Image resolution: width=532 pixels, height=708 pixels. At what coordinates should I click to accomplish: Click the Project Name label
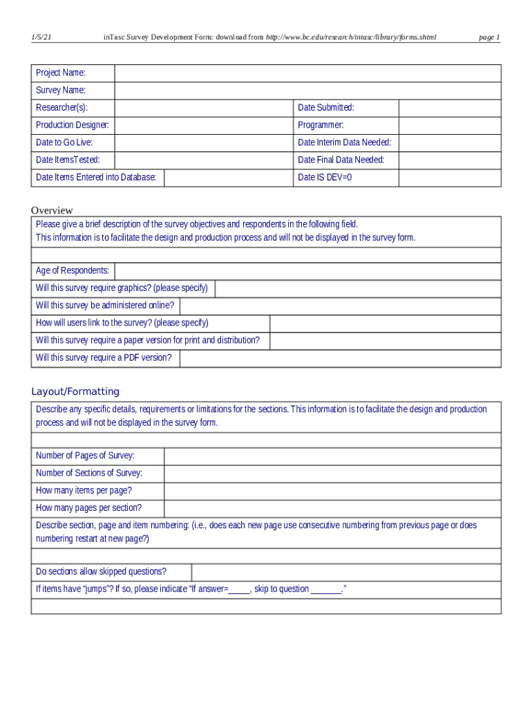pos(61,73)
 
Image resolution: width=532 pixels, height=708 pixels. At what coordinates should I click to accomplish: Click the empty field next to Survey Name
pos(307,91)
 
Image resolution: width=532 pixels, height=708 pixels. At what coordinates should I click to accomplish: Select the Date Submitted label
pos(325,108)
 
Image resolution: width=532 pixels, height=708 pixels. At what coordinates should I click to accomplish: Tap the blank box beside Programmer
pos(450,125)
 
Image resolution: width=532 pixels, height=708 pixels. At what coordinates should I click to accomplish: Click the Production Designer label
pos(72,125)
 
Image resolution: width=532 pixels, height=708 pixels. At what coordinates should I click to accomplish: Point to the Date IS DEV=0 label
pos(325,178)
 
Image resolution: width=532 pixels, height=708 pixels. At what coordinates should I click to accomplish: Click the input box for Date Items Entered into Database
pos(227,178)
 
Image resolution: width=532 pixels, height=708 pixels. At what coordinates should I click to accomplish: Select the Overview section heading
pos(52,210)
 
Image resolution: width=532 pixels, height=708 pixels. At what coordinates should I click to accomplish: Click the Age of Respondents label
pos(72,271)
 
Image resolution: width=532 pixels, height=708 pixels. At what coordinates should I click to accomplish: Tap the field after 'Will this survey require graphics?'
pos(358,288)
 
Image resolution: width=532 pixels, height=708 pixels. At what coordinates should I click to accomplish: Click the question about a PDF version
pos(103,358)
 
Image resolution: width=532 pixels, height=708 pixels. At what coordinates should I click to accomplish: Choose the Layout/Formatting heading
pos(75,391)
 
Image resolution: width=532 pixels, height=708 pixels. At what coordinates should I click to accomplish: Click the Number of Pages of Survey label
pos(85,456)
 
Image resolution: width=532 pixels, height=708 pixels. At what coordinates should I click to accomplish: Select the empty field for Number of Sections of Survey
pos(332,474)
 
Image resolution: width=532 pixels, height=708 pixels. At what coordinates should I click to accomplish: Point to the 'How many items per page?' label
pos(84,491)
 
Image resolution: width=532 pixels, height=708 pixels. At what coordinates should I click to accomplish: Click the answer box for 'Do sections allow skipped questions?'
pos(345,572)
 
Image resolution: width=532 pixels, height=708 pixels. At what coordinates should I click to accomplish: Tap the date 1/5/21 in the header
pos(40,37)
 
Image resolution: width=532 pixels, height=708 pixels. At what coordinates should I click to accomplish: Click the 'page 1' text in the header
pos(489,37)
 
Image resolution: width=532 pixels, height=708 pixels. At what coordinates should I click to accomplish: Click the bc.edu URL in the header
pos(351,37)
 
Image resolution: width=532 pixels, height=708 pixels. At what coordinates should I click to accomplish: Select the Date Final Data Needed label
pos(341,160)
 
